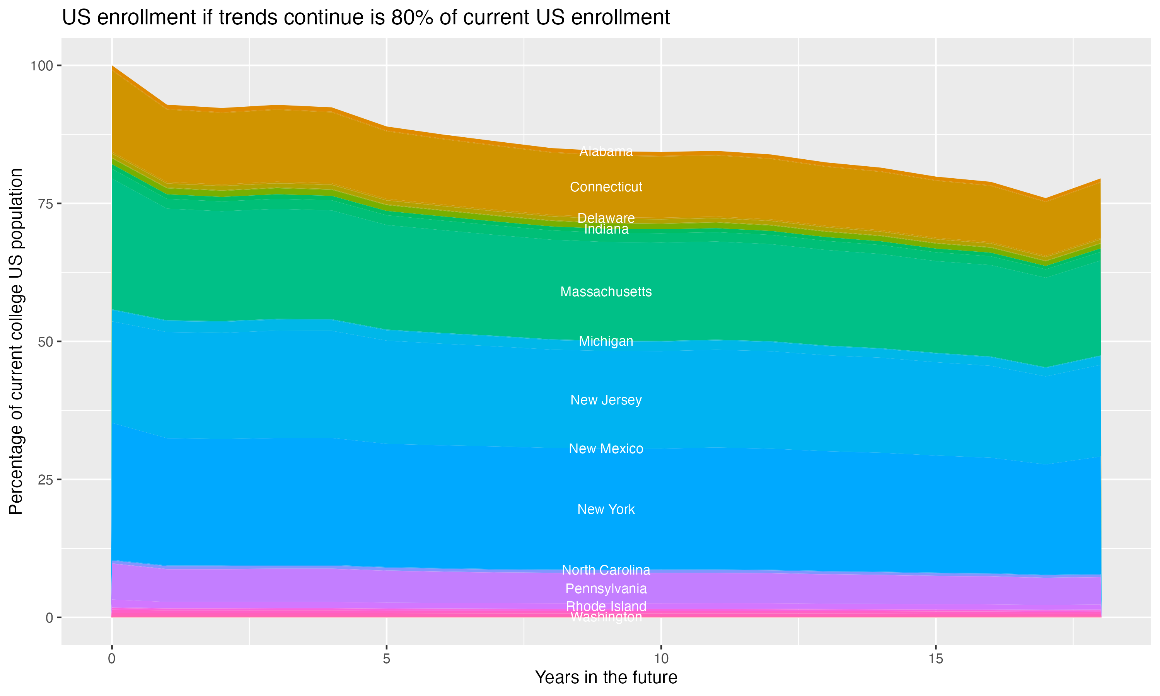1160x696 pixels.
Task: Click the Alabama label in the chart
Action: coord(606,152)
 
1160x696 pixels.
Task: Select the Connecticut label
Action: coord(606,187)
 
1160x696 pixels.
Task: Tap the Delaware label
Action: coord(606,218)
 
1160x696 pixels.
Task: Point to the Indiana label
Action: coord(606,229)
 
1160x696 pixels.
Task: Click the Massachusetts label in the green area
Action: coord(606,292)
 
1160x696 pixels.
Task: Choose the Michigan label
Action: coord(606,341)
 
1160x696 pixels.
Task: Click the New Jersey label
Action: coord(606,400)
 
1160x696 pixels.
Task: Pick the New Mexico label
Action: coord(606,449)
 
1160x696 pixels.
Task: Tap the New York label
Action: coord(606,509)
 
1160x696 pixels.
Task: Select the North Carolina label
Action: coord(606,570)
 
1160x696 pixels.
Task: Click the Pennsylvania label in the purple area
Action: coord(606,589)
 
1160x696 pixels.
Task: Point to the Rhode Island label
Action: coord(606,606)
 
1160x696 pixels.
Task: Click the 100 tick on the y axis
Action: coord(41,66)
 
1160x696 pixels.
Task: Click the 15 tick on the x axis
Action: coord(935,659)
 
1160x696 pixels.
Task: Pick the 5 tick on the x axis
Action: coord(386,659)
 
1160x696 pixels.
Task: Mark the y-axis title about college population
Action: coord(16,341)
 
